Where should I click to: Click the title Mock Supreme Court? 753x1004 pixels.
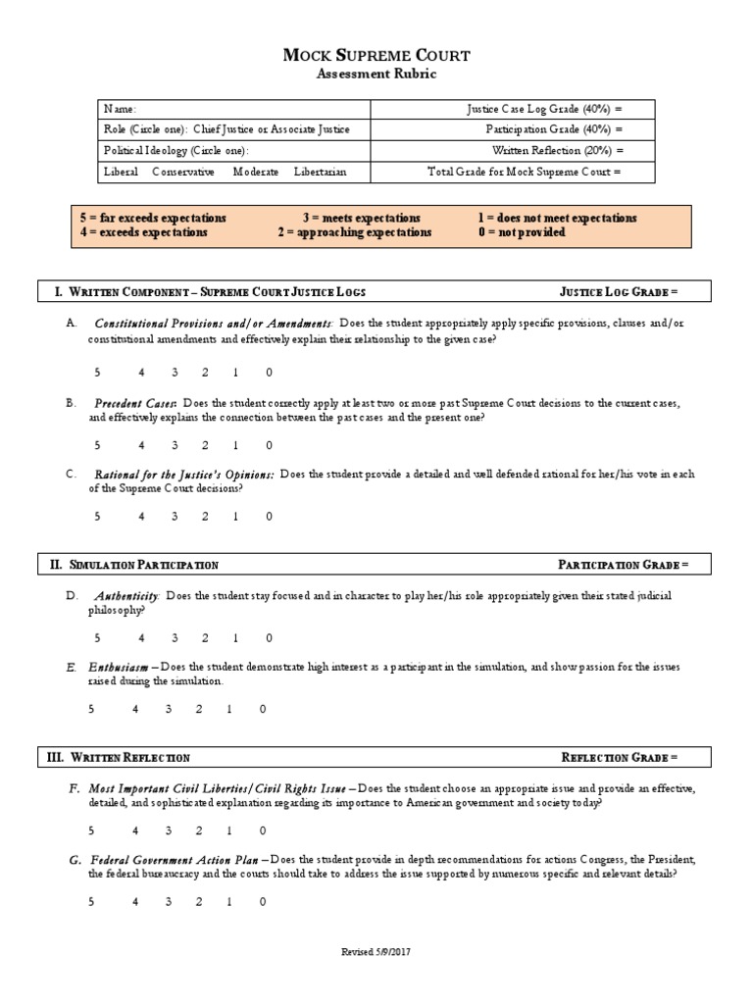[x=376, y=55]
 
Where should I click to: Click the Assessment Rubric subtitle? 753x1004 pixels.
[x=376, y=75]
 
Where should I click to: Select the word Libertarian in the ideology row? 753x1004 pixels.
[x=319, y=172]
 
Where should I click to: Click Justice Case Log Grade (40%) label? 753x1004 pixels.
[x=543, y=110]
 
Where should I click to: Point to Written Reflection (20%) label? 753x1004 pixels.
[x=557, y=151]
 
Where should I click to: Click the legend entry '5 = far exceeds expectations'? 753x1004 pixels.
[x=153, y=218]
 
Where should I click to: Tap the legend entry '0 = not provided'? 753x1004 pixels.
[x=522, y=232]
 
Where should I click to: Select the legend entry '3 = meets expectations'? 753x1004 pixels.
[x=362, y=218]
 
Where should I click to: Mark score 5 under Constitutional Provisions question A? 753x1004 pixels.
[x=97, y=373]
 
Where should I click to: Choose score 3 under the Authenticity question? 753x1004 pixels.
[x=176, y=637]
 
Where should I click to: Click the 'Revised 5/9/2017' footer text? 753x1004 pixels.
[x=376, y=952]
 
